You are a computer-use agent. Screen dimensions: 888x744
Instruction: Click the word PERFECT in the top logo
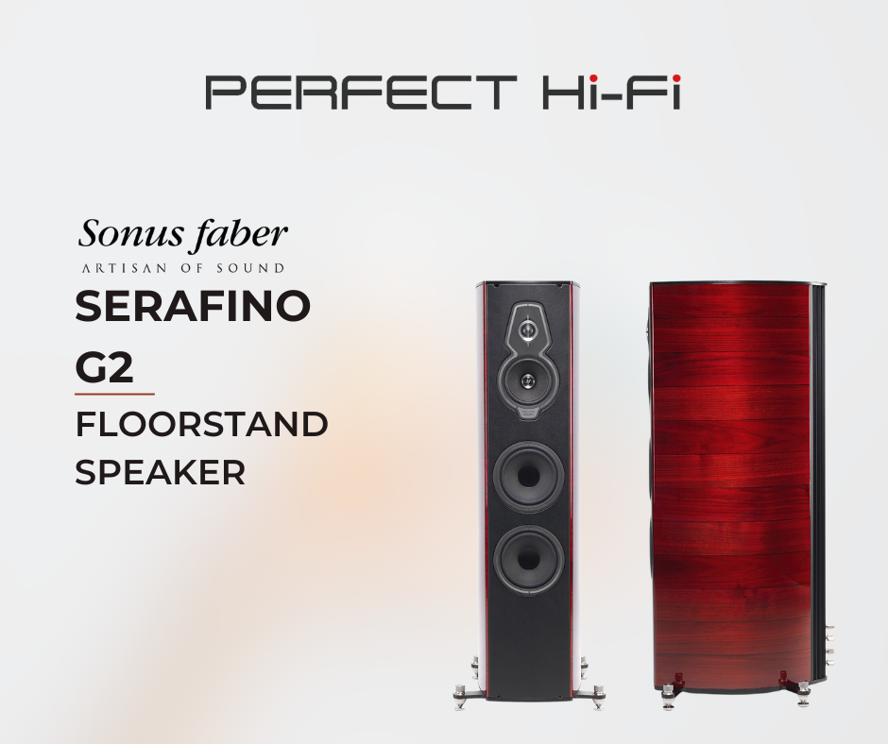pyautogui.click(x=361, y=92)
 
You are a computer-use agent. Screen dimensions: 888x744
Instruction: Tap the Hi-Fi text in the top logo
pyautogui.click(x=611, y=92)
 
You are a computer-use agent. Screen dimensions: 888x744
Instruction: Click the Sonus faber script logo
pyautogui.click(x=182, y=235)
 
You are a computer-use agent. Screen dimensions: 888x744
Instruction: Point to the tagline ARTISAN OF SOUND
pyautogui.click(x=183, y=268)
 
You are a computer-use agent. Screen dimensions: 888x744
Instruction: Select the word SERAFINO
pyautogui.click(x=193, y=306)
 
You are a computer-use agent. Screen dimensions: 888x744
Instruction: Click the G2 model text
pyautogui.click(x=104, y=367)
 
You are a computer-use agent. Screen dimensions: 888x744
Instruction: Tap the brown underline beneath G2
pyautogui.click(x=114, y=394)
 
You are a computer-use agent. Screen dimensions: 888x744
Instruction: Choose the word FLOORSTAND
pyautogui.click(x=201, y=425)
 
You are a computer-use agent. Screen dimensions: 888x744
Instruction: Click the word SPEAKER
pyautogui.click(x=161, y=472)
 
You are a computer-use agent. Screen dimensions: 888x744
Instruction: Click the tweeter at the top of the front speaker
pyautogui.click(x=528, y=329)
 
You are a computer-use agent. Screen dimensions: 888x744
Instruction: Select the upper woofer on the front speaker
pyautogui.click(x=528, y=477)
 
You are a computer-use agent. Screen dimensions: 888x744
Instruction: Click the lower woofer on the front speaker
pyautogui.click(x=528, y=560)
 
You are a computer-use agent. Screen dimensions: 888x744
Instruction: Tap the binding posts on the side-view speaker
pyautogui.click(x=830, y=646)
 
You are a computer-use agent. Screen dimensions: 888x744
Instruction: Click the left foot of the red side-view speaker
pyautogui.click(x=669, y=695)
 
